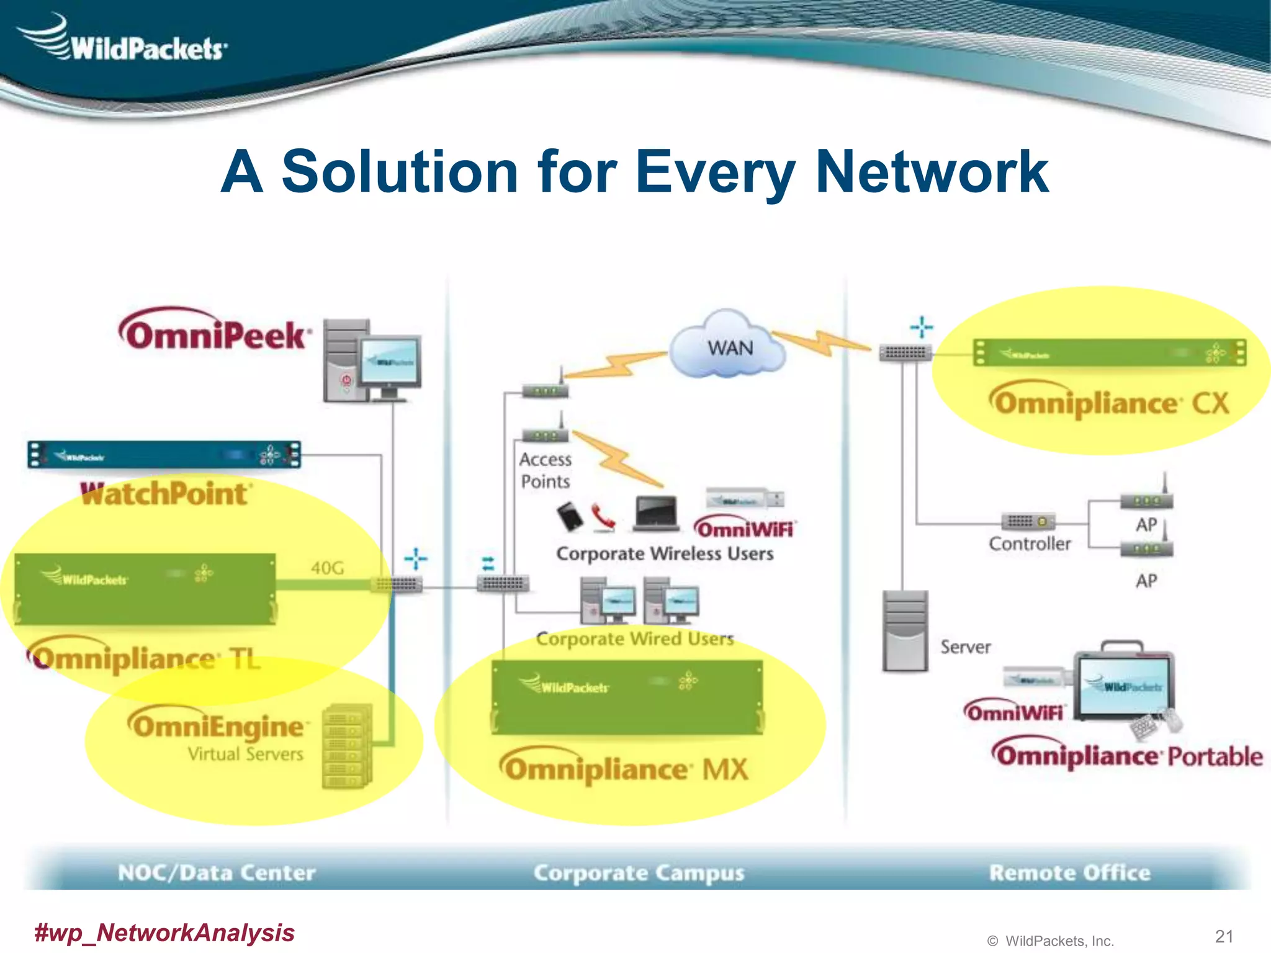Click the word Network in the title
[x=931, y=172]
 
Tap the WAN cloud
[x=729, y=347]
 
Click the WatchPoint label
[x=166, y=494]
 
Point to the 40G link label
[x=327, y=568]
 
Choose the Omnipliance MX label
[x=624, y=769]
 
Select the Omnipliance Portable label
[x=1126, y=756]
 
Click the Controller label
[x=1030, y=544]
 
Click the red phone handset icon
[x=603, y=517]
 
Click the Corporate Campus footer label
[x=639, y=872]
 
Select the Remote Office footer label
[x=1069, y=872]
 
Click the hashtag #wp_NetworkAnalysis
[x=164, y=933]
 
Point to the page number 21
[x=1224, y=936]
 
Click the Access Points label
[x=545, y=470]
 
